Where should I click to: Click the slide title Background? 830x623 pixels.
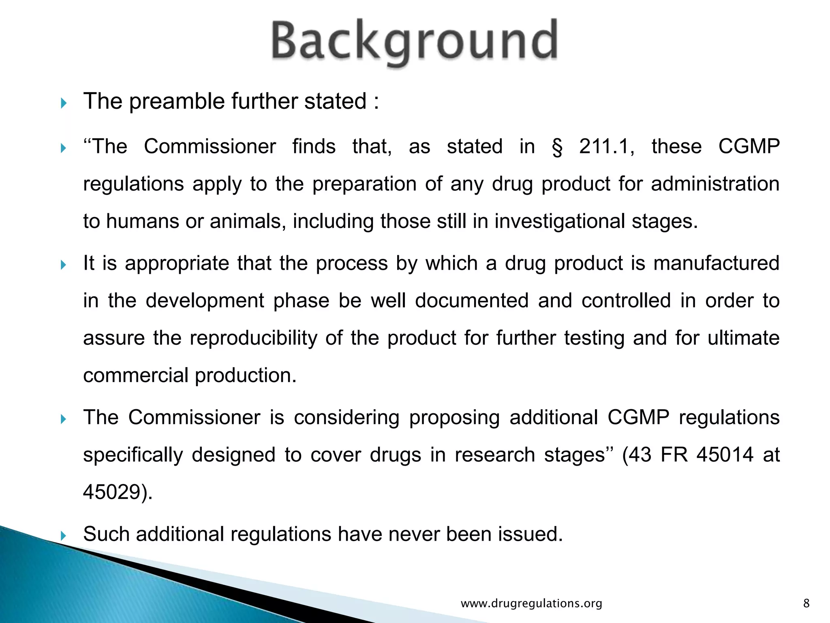click(414, 42)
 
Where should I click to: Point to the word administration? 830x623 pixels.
click(715, 184)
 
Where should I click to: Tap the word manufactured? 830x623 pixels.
click(716, 263)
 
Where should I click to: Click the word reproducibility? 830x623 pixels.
click(253, 338)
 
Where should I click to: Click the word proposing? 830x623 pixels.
click(454, 418)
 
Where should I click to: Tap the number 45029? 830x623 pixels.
click(115, 492)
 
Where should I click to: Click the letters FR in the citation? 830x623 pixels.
click(674, 455)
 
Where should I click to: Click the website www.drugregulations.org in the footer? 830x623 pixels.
click(531, 604)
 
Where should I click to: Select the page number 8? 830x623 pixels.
click(806, 604)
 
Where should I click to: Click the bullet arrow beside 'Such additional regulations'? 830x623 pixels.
click(63, 535)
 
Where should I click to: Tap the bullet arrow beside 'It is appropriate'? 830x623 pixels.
click(63, 265)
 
